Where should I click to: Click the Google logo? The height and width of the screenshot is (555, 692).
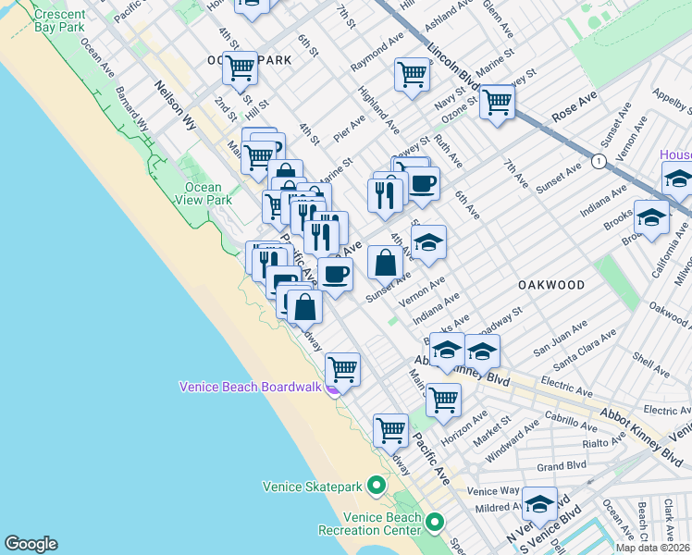pos(31,544)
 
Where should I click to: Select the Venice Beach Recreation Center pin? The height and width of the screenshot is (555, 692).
pos(435,525)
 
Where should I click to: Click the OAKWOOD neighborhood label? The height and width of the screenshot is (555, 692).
pos(551,285)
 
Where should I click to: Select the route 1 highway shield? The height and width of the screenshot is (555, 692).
pos(600,161)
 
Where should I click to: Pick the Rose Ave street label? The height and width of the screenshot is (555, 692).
pos(576,107)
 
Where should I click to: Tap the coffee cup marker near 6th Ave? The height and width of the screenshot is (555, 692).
pos(423,183)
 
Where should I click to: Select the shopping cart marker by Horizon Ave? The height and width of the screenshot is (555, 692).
pos(443,399)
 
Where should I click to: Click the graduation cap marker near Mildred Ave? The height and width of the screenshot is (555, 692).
pos(539,504)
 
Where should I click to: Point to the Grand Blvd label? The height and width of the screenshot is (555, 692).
pos(562,467)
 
